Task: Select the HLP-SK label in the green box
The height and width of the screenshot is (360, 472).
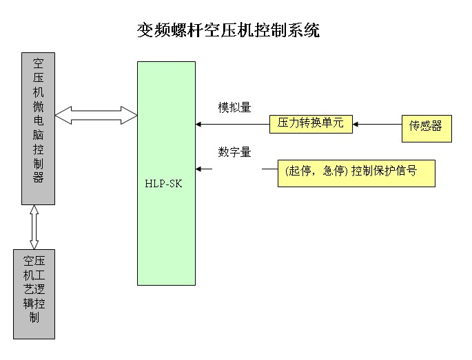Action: coord(166,185)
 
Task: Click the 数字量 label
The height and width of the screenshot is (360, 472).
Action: coord(234,152)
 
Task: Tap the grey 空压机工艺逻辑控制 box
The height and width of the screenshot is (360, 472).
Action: coord(34,294)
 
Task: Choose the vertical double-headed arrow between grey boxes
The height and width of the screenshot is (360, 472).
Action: coord(34,227)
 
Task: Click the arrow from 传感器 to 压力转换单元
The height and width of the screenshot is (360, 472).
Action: coord(378,125)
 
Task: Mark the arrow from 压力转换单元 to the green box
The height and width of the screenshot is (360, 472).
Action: coord(232,125)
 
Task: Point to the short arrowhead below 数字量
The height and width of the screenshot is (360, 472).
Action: coord(200,168)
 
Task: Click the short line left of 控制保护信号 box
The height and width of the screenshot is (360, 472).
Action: coord(269,168)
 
